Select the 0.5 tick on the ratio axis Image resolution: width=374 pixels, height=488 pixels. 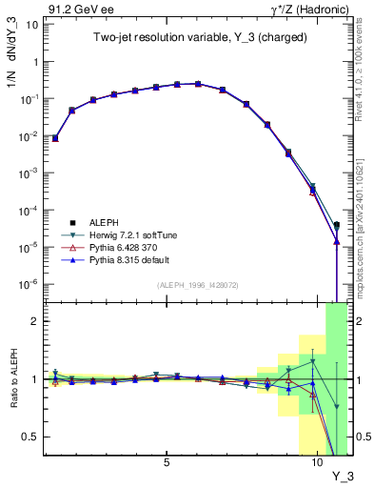[30, 437]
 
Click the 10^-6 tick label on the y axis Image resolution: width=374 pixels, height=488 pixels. [29, 284]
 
